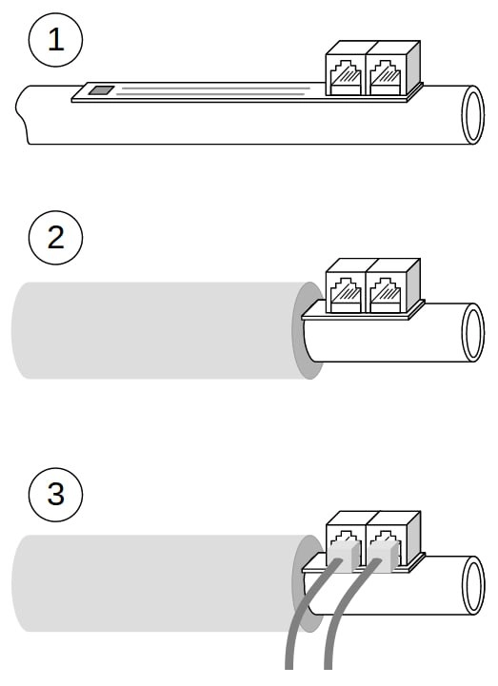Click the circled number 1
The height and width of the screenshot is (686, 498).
[x=55, y=40]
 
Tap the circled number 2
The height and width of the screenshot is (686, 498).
[x=55, y=238]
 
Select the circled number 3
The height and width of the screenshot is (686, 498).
[x=55, y=494]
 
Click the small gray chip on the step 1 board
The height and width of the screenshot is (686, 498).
[x=101, y=90]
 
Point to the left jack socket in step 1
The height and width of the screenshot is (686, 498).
[x=346, y=76]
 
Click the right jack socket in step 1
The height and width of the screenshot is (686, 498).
[x=386, y=76]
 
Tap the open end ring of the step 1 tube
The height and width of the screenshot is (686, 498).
[x=473, y=114]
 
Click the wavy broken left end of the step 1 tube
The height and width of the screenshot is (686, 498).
[x=22, y=114]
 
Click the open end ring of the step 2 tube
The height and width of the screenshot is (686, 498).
[x=473, y=332]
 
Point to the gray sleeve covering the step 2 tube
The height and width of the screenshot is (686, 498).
[x=158, y=330]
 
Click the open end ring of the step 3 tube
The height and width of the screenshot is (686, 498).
[x=473, y=585]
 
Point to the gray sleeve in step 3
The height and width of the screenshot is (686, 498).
[x=158, y=583]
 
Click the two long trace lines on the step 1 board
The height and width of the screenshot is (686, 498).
[x=213, y=91]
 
